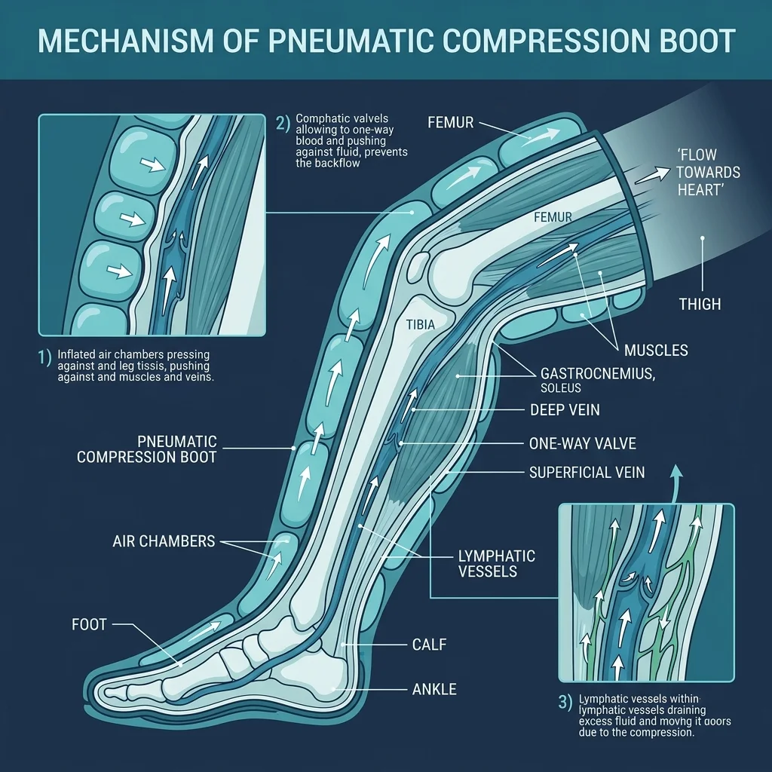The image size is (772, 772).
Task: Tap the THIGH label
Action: (700, 304)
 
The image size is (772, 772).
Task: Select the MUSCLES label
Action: (656, 351)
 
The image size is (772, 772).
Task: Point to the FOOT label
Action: (89, 624)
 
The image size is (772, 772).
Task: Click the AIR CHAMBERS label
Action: (164, 541)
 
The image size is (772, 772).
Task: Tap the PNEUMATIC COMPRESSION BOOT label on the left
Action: (147, 449)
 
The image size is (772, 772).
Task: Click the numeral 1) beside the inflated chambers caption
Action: (45, 357)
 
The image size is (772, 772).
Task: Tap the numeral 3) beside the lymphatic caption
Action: (565, 702)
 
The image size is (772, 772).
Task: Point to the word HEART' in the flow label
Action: (700, 190)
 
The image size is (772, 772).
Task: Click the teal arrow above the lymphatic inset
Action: (676, 478)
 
